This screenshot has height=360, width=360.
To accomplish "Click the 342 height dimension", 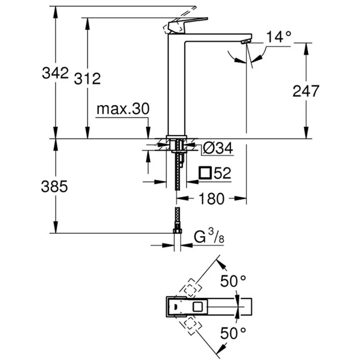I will click(x=55, y=72).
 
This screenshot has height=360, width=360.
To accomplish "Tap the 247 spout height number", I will click(x=306, y=91).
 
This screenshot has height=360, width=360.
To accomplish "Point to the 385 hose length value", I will click(x=55, y=186).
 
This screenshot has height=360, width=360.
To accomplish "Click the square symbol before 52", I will click(x=206, y=173).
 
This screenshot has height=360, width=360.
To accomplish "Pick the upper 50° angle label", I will click(x=233, y=282).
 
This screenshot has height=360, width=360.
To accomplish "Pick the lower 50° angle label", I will click(x=233, y=333).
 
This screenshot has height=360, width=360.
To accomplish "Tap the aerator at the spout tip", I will click(x=244, y=41).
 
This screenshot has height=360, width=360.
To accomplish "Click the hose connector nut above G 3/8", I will click(x=177, y=232).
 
